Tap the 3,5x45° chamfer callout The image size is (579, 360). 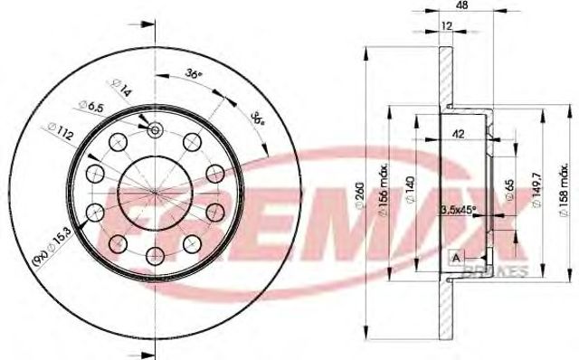(x=459, y=211)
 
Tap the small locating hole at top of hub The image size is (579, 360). (x=155, y=130)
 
